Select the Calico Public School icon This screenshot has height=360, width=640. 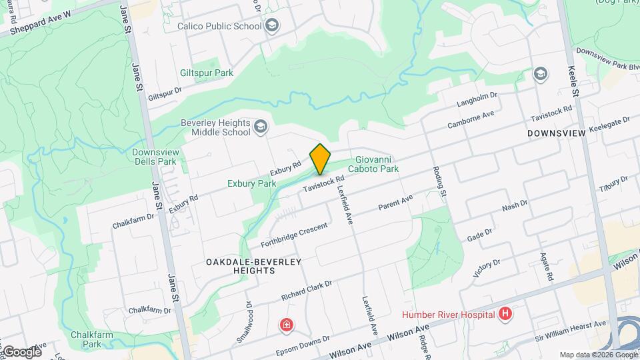point(271,26)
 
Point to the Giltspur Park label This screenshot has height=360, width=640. point(207,73)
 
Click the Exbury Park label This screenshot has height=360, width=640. point(251,183)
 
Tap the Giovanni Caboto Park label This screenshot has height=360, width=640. point(377,164)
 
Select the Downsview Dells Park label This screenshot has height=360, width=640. point(154,156)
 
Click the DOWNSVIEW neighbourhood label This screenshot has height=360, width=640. point(556,133)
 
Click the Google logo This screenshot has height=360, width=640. point(21,351)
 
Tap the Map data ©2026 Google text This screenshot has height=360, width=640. point(597,355)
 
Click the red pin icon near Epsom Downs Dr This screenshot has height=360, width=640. point(286,325)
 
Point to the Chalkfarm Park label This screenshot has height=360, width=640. point(87,339)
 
